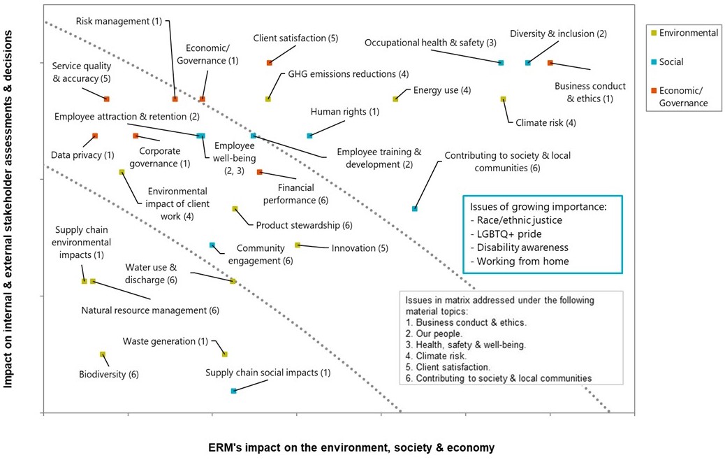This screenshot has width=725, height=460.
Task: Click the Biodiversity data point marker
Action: click(x=103, y=354)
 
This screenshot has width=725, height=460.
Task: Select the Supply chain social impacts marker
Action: click(x=233, y=391)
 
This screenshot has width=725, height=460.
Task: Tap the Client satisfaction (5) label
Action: click(x=295, y=38)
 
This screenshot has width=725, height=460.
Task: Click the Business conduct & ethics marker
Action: click(x=550, y=63)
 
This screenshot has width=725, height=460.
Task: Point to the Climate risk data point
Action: click(x=503, y=99)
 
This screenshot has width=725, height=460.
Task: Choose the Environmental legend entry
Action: click(x=684, y=33)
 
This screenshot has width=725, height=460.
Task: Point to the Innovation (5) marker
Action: click(x=298, y=245)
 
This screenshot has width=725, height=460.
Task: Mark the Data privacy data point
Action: click(x=95, y=136)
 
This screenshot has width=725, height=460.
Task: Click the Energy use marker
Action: click(x=395, y=99)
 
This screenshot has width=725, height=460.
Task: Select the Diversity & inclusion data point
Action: click(x=528, y=63)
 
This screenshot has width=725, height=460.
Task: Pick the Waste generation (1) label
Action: click(x=165, y=341)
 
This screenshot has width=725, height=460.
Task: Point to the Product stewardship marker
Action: click(x=235, y=208)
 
